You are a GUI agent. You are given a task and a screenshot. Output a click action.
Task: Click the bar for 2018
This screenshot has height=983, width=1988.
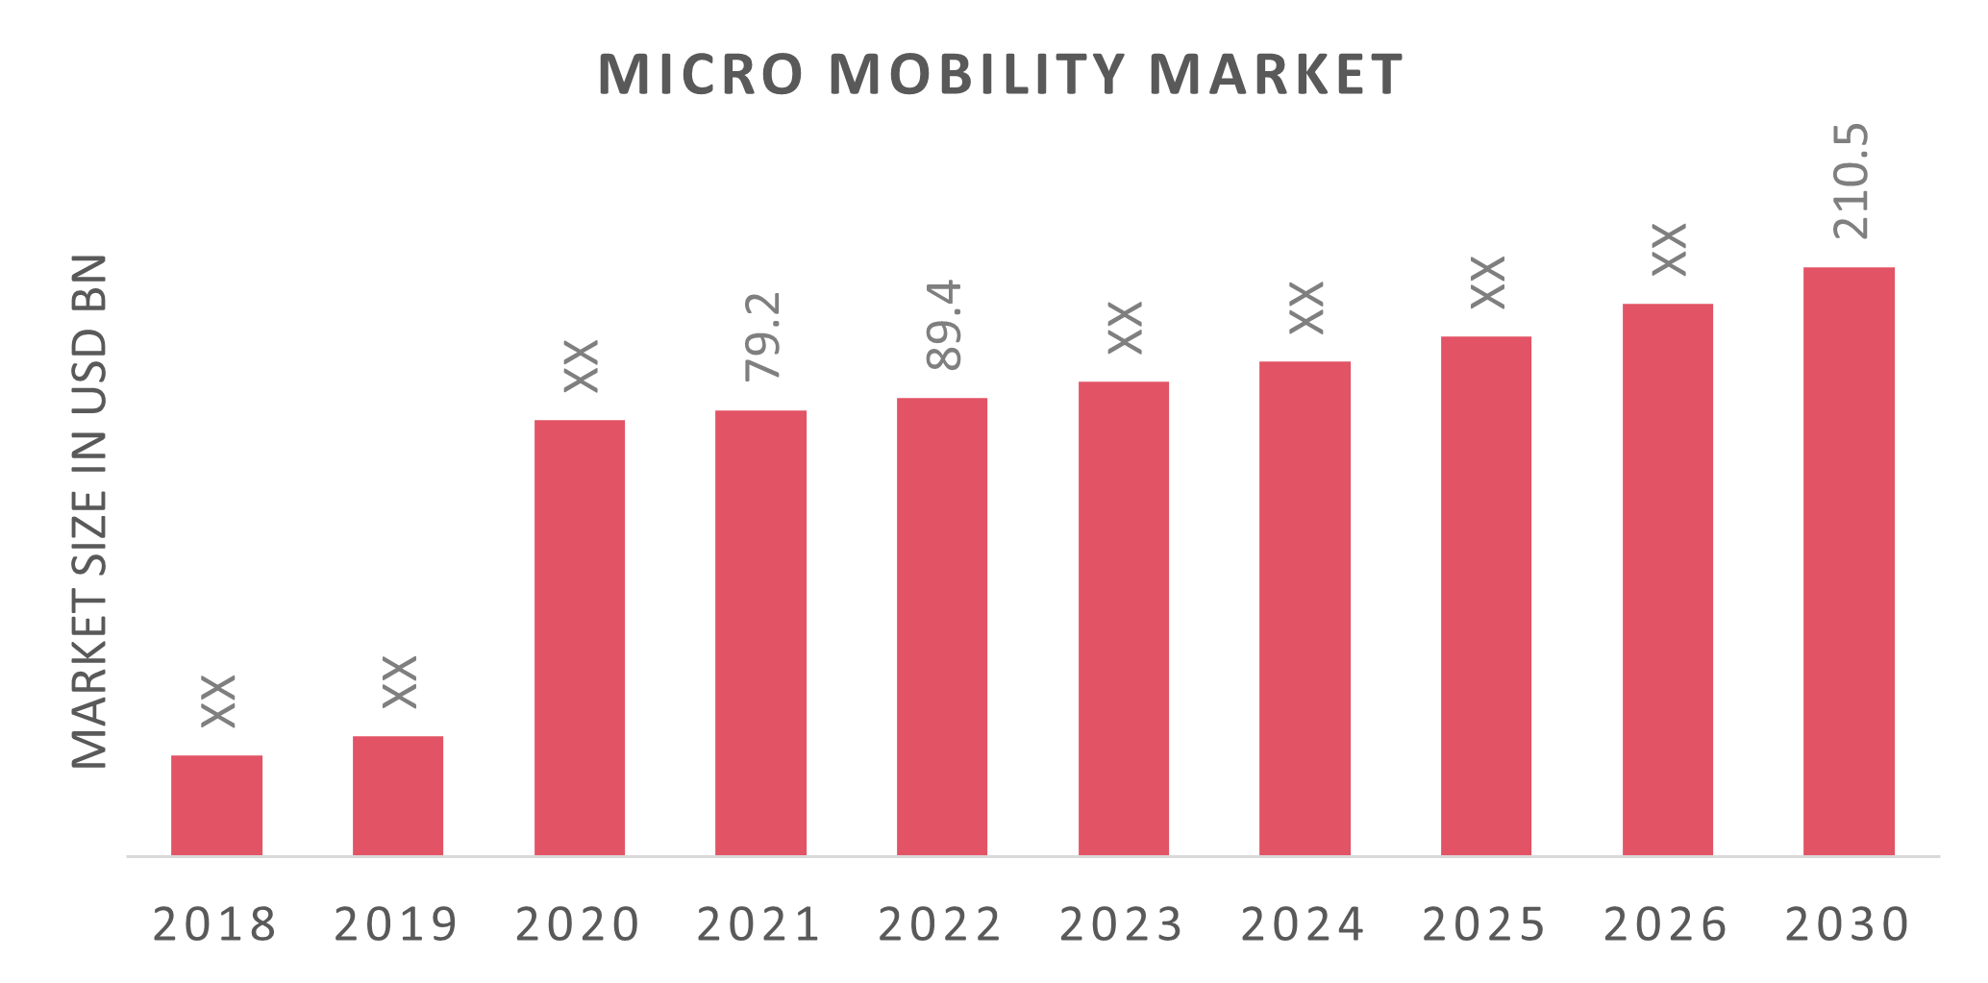pyautogui.click(x=217, y=805)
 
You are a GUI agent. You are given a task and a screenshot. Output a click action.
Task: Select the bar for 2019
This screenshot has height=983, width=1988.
pyautogui.click(x=398, y=796)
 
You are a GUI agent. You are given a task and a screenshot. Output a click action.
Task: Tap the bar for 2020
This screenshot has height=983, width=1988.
pyautogui.click(x=580, y=637)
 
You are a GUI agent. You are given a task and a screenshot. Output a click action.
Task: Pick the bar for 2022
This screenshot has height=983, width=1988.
pyautogui.click(x=942, y=627)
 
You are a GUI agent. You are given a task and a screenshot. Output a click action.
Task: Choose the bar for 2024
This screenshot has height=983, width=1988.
pyautogui.click(x=1305, y=608)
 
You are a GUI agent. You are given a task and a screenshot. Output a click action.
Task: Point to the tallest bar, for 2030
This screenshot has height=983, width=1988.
pyautogui.click(x=1849, y=561)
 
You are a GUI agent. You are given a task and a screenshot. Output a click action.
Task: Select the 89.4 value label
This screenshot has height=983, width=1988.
pyautogui.click(x=944, y=326)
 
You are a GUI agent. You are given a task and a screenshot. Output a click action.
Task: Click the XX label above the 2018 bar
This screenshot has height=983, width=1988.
pyautogui.click(x=219, y=701)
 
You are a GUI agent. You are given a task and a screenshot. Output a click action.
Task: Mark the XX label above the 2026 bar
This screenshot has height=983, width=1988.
pyautogui.click(x=1670, y=250)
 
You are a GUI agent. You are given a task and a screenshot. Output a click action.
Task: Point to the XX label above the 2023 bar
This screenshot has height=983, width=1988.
pyautogui.click(x=1125, y=328)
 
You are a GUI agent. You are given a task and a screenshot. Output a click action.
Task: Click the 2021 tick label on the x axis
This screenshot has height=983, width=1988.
pyautogui.click(x=759, y=924)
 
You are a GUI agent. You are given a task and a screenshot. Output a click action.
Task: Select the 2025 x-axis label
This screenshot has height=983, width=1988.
pyautogui.click(x=1485, y=924)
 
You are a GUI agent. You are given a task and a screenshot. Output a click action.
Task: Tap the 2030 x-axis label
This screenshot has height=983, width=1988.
pyautogui.click(x=1848, y=924)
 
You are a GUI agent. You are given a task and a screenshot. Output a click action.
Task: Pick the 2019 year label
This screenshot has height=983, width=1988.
pyautogui.click(x=396, y=924)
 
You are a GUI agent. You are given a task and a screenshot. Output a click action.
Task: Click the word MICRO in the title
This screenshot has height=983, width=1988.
pyautogui.click(x=700, y=74)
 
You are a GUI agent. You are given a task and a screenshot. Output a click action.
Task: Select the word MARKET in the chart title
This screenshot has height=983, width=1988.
pyautogui.click(x=1277, y=74)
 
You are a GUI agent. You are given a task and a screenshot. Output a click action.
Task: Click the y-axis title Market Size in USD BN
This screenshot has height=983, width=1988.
pyautogui.click(x=90, y=511)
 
